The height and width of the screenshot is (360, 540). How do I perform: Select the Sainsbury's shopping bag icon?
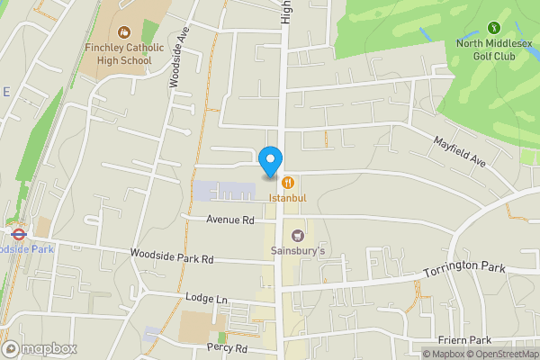(298, 236)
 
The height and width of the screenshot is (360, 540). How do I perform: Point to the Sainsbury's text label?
(298, 252)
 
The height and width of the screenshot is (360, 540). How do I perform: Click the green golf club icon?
(493, 29)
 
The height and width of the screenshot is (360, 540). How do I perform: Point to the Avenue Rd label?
(230, 220)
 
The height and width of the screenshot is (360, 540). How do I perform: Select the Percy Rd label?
(226, 347)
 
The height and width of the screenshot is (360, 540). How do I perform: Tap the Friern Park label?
(465, 340)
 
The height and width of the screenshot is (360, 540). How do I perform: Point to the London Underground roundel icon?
(17, 232)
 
